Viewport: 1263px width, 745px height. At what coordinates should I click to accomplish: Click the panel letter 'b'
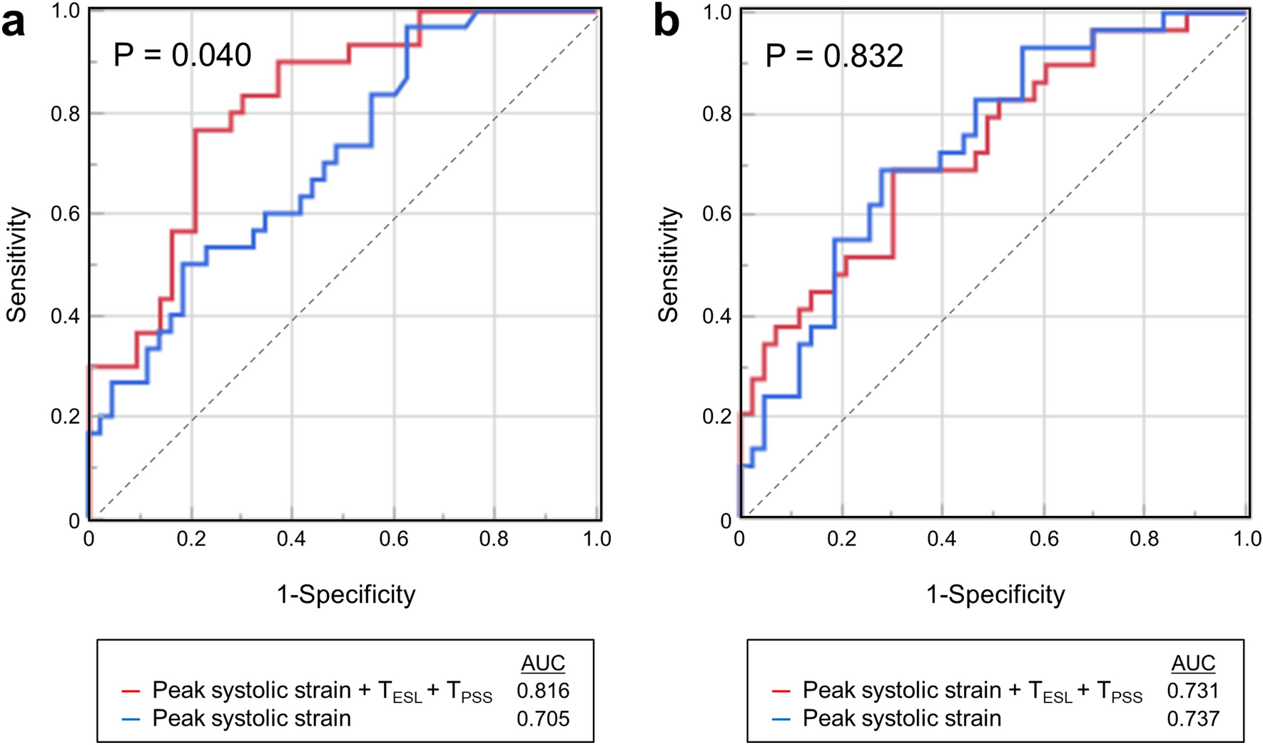666,23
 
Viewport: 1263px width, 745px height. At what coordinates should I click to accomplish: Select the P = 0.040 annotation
183,55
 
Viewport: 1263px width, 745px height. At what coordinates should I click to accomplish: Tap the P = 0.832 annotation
834,56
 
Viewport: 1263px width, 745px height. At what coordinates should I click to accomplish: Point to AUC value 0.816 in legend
543,690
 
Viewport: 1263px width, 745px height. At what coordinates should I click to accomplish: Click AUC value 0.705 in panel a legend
543,718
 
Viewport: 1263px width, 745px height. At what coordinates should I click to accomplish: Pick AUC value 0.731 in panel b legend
1193,690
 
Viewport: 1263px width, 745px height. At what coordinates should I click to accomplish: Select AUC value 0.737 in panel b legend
1193,718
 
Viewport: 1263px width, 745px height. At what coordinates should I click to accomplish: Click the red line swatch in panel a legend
131,691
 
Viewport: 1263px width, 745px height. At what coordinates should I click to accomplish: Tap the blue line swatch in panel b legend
782,719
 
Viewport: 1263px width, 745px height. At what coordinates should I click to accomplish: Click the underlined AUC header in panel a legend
543,663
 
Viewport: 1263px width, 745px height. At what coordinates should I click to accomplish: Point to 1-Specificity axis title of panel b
995,594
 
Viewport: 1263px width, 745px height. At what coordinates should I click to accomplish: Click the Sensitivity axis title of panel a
16,265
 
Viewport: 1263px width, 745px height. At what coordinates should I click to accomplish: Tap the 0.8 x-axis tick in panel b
1145,538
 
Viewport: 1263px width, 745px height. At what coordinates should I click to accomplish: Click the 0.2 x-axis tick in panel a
191,538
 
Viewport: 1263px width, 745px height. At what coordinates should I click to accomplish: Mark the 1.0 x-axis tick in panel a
597,538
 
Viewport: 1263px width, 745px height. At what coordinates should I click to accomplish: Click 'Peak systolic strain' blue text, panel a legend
251,718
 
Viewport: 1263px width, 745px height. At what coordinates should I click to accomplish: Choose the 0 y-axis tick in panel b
726,521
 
